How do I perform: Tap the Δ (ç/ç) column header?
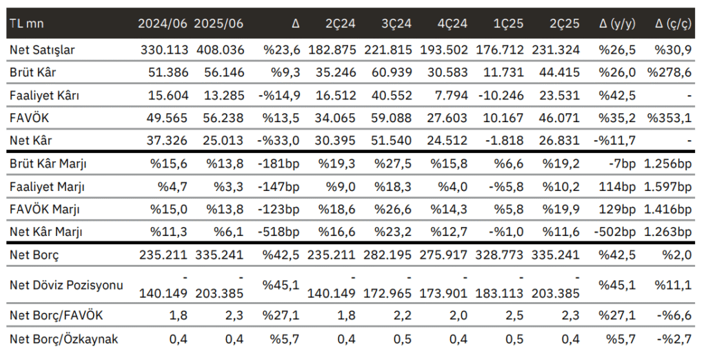[673, 23]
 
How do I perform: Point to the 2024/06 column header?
[162, 23]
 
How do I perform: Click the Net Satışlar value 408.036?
[219, 50]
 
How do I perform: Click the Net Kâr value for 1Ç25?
[507, 141]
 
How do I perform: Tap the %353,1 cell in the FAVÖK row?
[669, 119]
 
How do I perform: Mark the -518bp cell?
[280, 232]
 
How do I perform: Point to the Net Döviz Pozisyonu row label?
[57, 284]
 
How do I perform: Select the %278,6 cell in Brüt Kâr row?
[669, 73]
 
